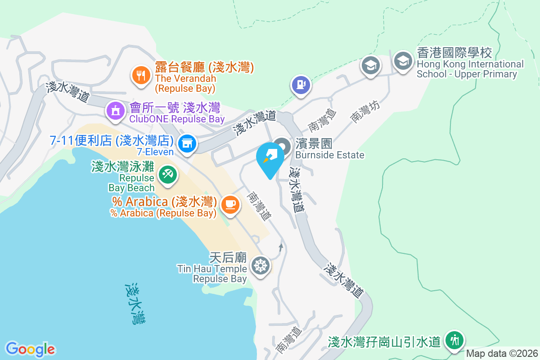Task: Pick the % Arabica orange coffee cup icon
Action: (230, 204)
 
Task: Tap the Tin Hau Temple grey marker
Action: (260, 265)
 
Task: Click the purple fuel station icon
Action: (300, 84)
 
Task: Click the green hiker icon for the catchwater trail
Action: (454, 341)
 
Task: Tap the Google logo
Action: (30, 349)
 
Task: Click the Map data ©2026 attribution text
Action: (502, 353)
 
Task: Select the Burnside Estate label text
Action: (329, 155)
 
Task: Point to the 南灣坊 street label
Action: (365, 111)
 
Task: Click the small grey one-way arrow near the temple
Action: (281, 247)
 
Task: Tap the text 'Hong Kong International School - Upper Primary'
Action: (470, 69)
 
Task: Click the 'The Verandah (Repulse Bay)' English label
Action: (185, 83)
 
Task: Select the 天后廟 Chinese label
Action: (228, 258)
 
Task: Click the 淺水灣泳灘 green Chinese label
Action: (122, 166)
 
